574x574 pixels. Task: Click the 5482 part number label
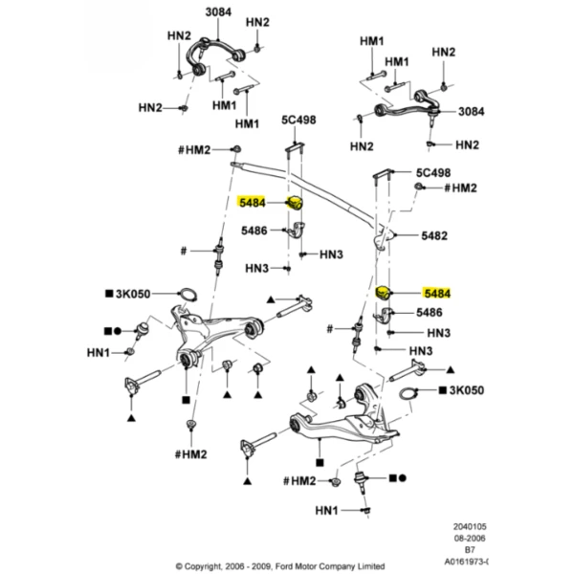[x=434, y=235]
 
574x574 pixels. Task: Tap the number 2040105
[x=470, y=527]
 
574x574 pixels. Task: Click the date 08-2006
[x=470, y=538]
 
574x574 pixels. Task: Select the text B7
[x=470, y=549]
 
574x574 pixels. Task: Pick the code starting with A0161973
[x=467, y=562]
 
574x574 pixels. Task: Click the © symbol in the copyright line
[x=179, y=566]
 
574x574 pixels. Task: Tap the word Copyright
[x=203, y=566]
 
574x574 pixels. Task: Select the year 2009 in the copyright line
[x=262, y=566]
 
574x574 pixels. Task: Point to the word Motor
[x=304, y=566]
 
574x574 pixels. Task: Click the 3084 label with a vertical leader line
[x=218, y=12]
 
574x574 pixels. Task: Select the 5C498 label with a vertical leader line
[x=298, y=120]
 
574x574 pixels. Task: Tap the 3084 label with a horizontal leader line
[x=471, y=111]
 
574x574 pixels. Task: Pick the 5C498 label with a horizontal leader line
[x=433, y=172]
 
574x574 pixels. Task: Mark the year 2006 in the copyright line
[x=234, y=566]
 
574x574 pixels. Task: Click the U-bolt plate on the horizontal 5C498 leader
[x=383, y=173]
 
